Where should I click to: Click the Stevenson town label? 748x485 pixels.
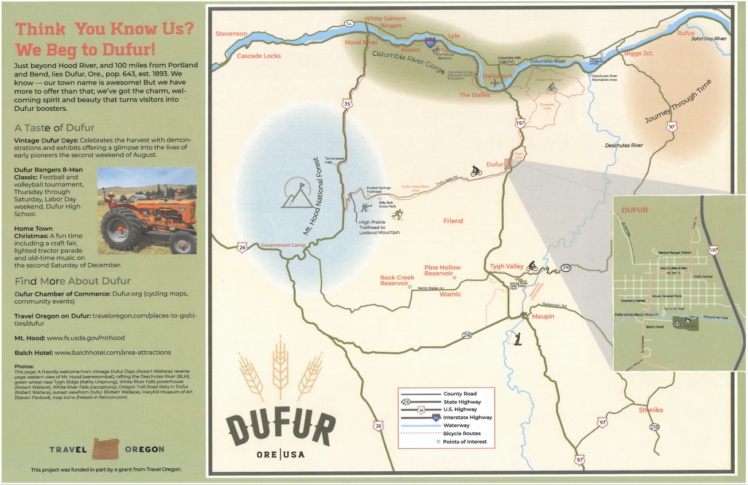(x=231, y=34)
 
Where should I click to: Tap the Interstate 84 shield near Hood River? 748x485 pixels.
(x=431, y=43)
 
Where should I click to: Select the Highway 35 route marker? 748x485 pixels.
(x=347, y=104)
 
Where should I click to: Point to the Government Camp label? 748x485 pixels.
(x=280, y=245)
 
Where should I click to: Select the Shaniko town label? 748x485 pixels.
(x=650, y=410)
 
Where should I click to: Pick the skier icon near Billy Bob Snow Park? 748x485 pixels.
(x=396, y=215)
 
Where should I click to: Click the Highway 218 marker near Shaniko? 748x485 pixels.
(x=654, y=427)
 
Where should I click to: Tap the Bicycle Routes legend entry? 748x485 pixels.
(x=462, y=433)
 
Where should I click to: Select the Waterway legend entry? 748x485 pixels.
(x=456, y=425)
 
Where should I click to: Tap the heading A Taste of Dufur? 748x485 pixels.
(x=54, y=127)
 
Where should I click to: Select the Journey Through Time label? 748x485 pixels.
(x=677, y=102)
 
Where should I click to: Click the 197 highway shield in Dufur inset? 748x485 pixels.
(x=713, y=250)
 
